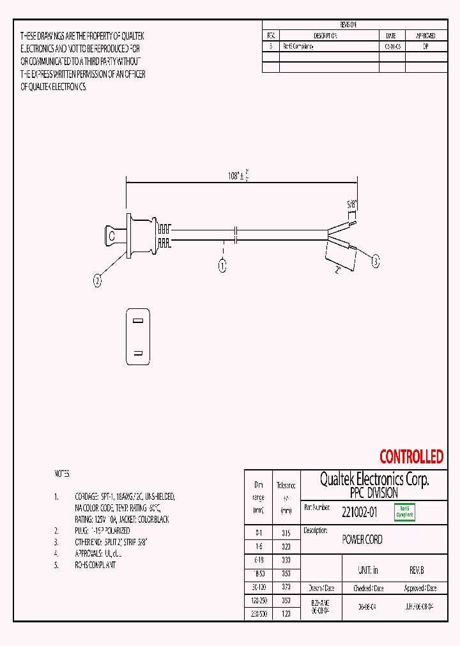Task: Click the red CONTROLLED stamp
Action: coord(411,457)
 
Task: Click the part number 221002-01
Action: coord(360,512)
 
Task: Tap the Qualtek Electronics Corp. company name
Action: coord(374,479)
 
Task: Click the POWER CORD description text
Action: coord(362,539)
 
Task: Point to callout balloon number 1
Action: coord(222,267)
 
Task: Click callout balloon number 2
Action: coord(98,279)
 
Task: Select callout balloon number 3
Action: coord(375,260)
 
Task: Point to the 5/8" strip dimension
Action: coord(352,205)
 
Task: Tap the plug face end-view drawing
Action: coord(139,336)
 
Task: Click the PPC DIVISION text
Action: coord(374,493)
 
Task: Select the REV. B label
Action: coord(416,570)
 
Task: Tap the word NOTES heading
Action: coord(61,474)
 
